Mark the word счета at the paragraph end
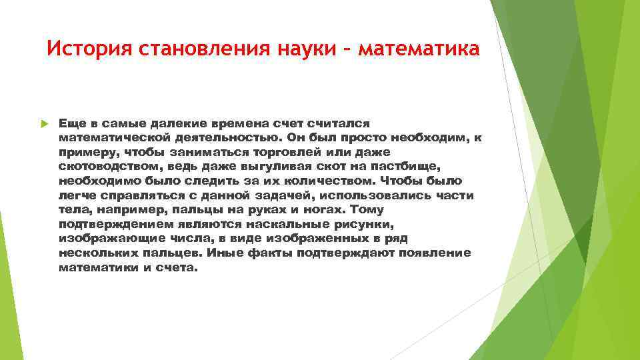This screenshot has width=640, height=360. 177,268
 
